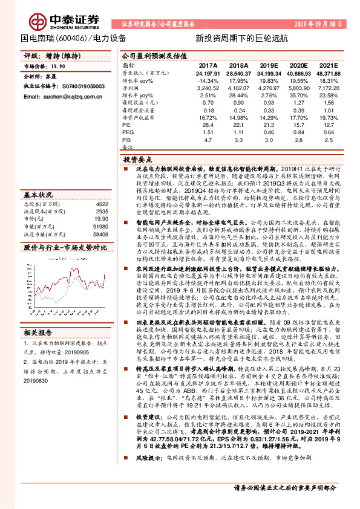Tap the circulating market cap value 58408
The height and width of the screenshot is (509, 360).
pos(100,233)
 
